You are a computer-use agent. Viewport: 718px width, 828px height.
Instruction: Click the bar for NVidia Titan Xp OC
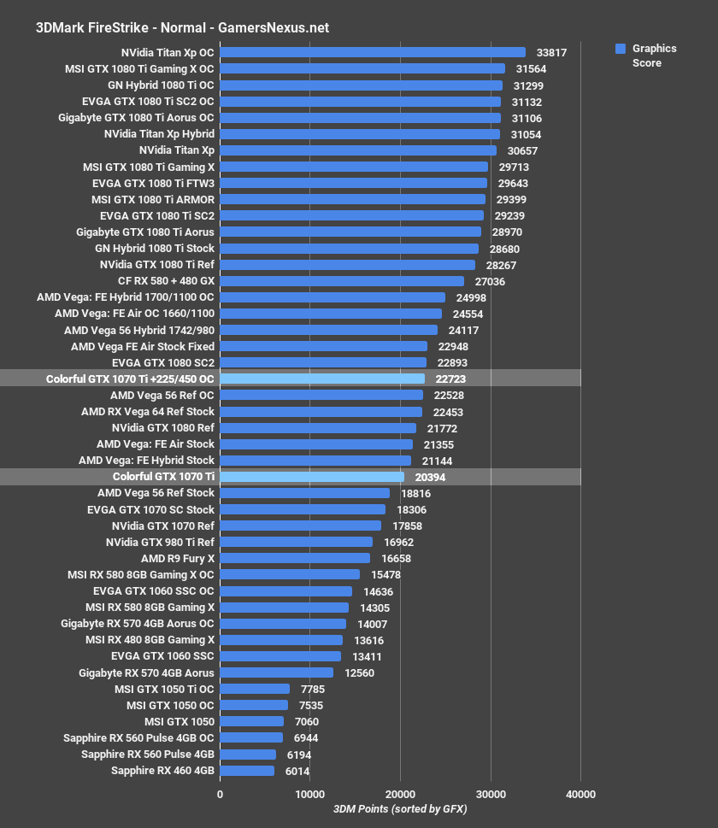[x=373, y=52]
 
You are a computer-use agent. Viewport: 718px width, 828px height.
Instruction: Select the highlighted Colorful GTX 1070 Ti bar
[x=312, y=477]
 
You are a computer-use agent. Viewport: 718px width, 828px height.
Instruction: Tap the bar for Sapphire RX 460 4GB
[x=247, y=771]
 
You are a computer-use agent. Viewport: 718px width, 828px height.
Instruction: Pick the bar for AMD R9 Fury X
[x=295, y=558]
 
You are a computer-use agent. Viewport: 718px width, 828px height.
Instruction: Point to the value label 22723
[x=450, y=379]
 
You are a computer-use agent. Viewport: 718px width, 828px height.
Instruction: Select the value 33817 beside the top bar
[x=551, y=52]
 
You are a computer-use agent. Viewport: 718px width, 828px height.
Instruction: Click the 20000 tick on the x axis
[x=400, y=794]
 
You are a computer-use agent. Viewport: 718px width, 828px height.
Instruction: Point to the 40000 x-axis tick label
[x=580, y=794]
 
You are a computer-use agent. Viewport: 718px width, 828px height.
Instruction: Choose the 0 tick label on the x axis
[x=221, y=794]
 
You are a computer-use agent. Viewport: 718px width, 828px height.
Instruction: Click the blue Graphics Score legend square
[x=621, y=49]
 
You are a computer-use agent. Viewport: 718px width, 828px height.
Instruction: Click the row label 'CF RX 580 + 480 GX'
[x=166, y=280]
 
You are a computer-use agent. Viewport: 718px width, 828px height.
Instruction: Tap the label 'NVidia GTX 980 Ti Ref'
[x=160, y=542]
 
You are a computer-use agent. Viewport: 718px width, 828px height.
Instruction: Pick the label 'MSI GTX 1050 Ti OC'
[x=164, y=689]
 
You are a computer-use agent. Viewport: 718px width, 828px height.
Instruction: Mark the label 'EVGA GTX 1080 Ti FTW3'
[x=153, y=183]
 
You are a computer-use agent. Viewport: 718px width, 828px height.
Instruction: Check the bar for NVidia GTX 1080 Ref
[x=318, y=427]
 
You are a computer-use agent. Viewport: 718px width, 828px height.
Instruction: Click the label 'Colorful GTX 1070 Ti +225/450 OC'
[x=131, y=379]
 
